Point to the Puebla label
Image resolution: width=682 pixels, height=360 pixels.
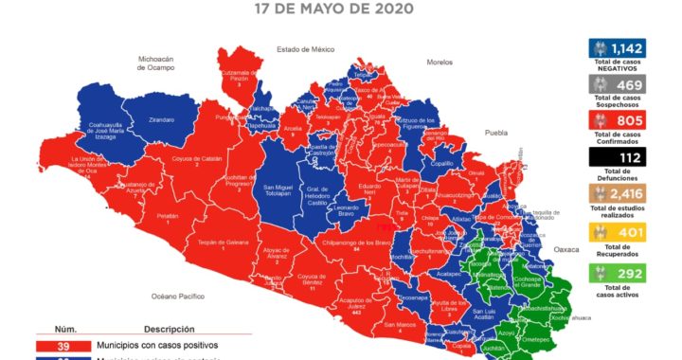(497, 134)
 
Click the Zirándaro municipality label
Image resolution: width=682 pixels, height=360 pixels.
(162, 120)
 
